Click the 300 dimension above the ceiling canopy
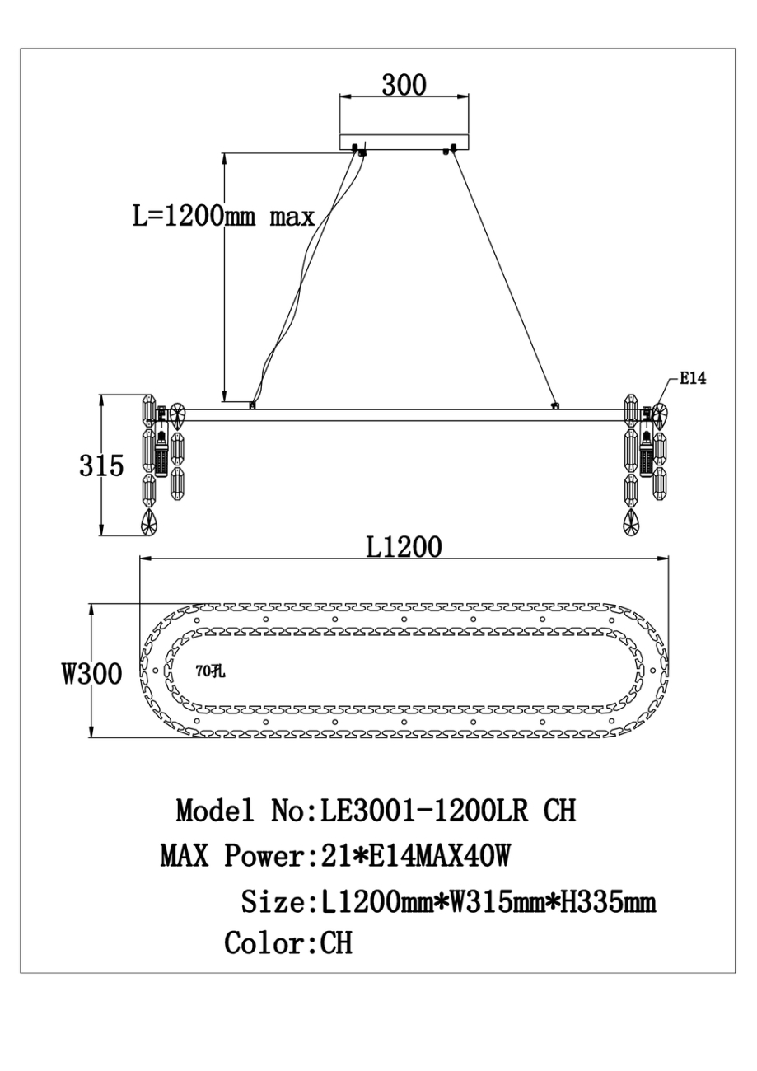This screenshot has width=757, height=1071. pos(404,85)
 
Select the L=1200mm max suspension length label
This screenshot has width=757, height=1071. pos(224,217)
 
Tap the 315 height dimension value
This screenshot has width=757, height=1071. pos(101,465)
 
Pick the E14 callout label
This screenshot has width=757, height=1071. pos(693,379)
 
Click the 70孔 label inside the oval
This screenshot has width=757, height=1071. pos(211,671)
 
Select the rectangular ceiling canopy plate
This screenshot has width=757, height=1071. pos(404,142)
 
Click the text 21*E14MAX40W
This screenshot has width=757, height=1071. pos(409,856)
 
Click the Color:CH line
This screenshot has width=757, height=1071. pos(288,943)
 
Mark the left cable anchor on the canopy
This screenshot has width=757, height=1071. pos(358,150)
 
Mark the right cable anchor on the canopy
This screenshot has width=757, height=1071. pos(450,150)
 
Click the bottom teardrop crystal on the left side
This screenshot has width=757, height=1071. pos(150,522)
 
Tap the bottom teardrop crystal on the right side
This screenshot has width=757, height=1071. pos(631,522)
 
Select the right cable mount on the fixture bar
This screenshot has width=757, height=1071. pos(555,405)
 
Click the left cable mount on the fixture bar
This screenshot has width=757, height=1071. pos(252,405)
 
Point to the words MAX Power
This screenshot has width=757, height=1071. pos(231,856)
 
